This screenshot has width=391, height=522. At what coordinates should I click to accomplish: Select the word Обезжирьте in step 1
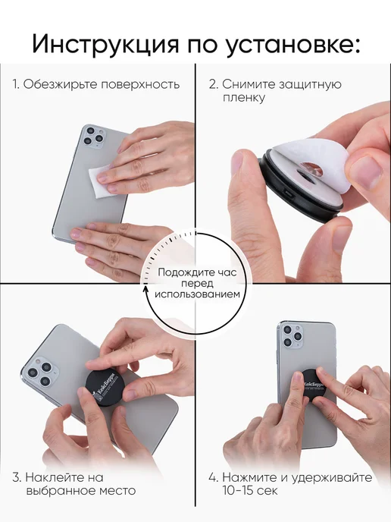point(61,84)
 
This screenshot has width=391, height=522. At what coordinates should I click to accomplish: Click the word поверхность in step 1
point(140,84)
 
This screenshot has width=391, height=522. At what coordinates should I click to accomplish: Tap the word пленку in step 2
point(244,98)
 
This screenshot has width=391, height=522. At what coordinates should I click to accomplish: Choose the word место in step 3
point(116,491)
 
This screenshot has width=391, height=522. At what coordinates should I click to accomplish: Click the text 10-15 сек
point(249,491)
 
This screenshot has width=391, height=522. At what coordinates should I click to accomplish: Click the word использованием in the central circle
point(197,294)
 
